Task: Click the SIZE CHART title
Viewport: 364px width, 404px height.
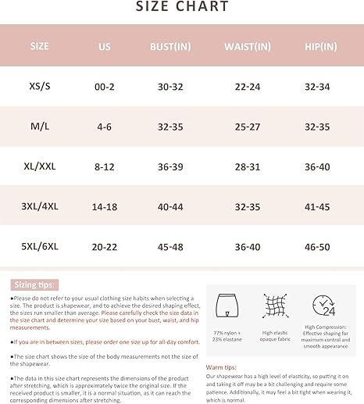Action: coord(182,8)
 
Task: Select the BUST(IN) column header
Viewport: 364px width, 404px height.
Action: coord(172,46)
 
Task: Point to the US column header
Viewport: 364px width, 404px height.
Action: coord(105,46)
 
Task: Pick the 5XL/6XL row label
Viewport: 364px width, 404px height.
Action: coord(39,247)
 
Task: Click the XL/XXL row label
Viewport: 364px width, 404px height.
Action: coord(39,166)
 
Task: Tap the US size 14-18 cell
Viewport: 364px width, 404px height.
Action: coord(105,207)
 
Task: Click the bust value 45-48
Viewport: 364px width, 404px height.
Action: coord(172,247)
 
